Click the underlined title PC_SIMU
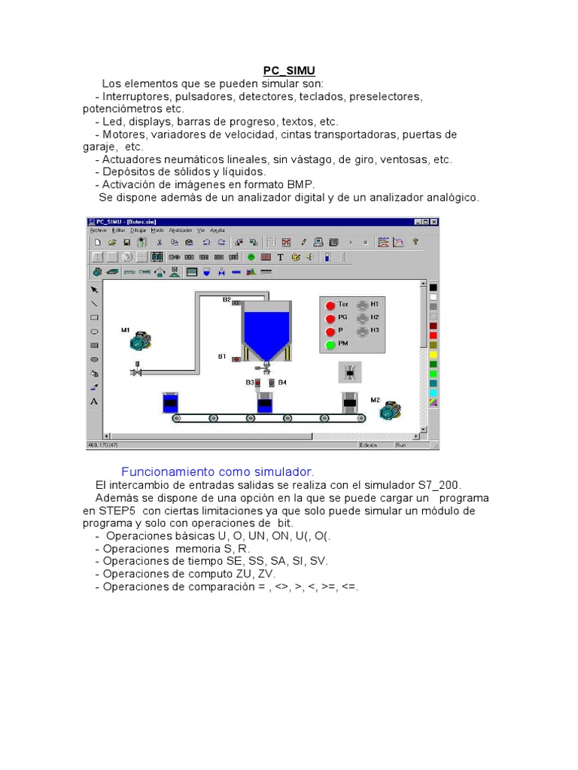pyautogui.click(x=289, y=70)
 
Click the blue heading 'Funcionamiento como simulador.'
pyautogui.click(x=218, y=471)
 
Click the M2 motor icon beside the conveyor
pyautogui.click(x=390, y=411)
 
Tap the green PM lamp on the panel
pyautogui.click(x=330, y=344)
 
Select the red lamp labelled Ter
pyautogui.click(x=330, y=305)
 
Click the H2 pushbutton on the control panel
pyautogui.click(x=362, y=317)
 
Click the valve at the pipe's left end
pyautogui.click(x=137, y=371)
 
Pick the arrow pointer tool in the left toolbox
pyautogui.click(x=95, y=290)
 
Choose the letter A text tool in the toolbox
pyautogui.click(x=95, y=401)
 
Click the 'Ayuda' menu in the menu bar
pyautogui.click(x=218, y=230)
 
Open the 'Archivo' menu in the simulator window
pyautogui.click(x=99, y=230)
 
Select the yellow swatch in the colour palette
pyautogui.click(x=433, y=353)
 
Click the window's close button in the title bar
pyautogui.click(x=434, y=222)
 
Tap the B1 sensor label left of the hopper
pyautogui.click(x=222, y=356)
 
